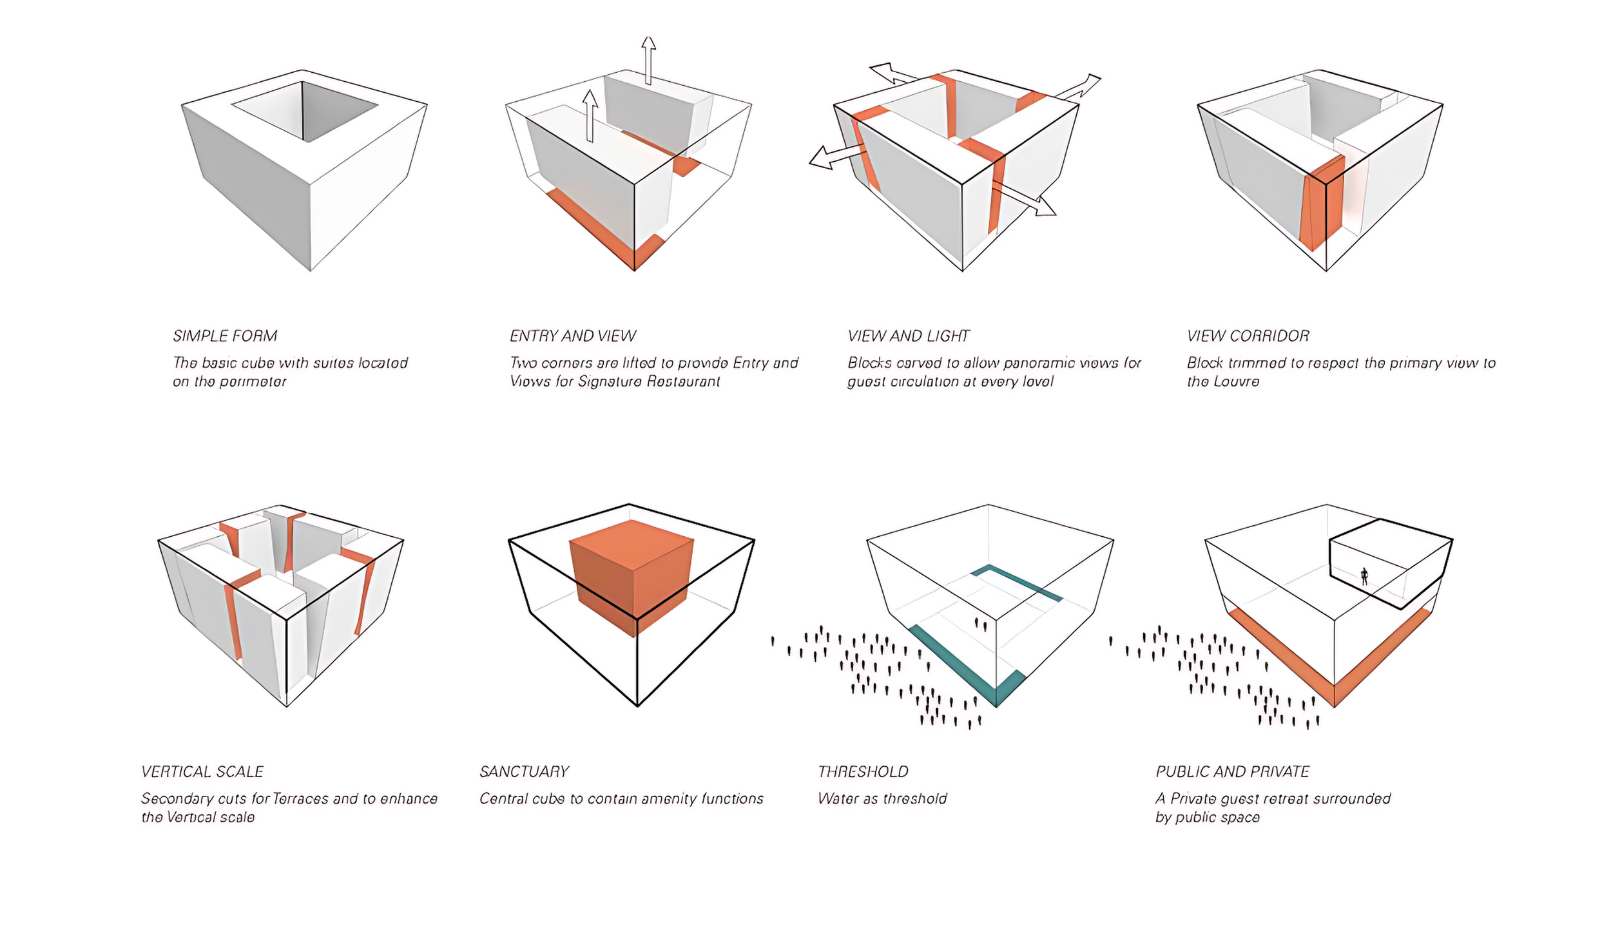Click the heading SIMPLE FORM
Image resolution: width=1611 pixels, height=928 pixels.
(225, 336)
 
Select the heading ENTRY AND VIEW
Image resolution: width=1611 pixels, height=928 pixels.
(572, 336)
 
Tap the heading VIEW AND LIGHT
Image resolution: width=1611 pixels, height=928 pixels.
(908, 336)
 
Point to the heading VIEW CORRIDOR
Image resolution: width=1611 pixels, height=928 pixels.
(1248, 336)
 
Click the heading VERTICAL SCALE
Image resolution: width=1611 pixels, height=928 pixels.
(202, 771)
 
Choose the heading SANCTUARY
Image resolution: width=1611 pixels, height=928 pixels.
(524, 771)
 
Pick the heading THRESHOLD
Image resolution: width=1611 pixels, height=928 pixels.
(863, 771)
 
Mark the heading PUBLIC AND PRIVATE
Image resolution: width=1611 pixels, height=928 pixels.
(1232, 771)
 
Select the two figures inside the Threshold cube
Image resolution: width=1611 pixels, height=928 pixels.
(981, 623)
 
